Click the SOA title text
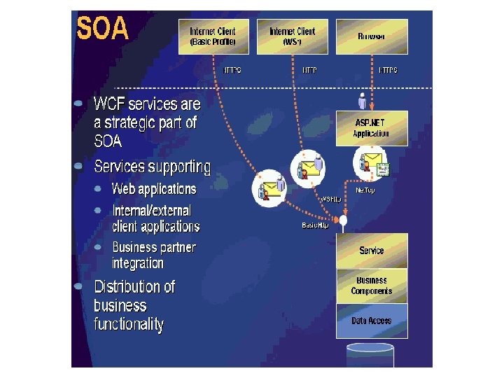(x=103, y=29)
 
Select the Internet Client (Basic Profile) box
(x=213, y=36)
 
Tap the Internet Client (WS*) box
(x=292, y=36)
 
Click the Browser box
(x=372, y=36)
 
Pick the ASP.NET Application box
(x=372, y=127)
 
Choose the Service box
(x=372, y=251)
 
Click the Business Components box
(x=372, y=286)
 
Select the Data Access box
(x=372, y=321)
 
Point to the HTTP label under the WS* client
(x=309, y=70)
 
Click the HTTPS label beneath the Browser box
(x=388, y=70)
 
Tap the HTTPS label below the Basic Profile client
(x=232, y=70)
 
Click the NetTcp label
(x=365, y=190)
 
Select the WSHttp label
(x=330, y=199)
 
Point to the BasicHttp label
(x=315, y=225)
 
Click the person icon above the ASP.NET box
(x=362, y=101)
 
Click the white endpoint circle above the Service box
(x=344, y=221)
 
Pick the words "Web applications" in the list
(x=154, y=189)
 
